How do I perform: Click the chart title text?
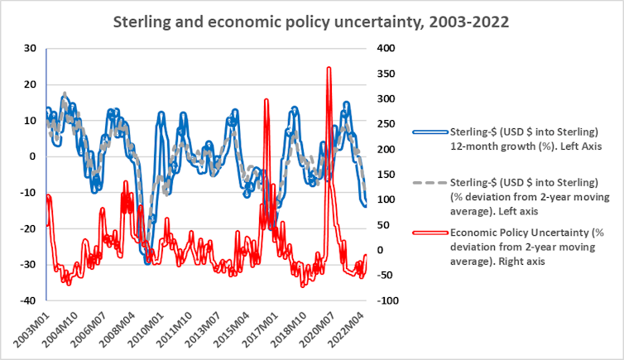(311, 19)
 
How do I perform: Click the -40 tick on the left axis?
(30, 300)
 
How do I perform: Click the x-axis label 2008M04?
(123, 331)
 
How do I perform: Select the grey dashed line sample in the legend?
(430, 184)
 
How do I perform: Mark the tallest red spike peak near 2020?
(329, 69)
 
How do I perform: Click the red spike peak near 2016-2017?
(266, 100)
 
